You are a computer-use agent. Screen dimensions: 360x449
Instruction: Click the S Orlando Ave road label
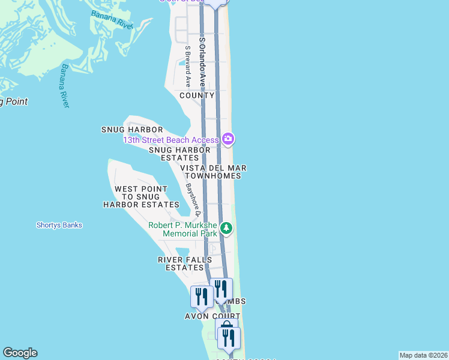pos(202,63)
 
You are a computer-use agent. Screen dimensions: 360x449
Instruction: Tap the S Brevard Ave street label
pos(188,67)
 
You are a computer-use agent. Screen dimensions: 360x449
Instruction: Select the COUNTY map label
pos(197,95)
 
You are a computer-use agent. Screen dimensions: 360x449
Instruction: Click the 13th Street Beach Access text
pos(171,140)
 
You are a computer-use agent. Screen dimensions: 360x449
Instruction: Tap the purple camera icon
pos(228,139)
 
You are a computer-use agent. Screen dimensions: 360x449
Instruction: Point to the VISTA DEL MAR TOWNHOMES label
pos(214,172)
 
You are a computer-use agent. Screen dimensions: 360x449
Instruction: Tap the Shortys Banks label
pos(59,226)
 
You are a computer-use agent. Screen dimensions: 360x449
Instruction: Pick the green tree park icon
pos(226,228)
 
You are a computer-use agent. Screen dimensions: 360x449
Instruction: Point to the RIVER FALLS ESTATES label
pos(185,263)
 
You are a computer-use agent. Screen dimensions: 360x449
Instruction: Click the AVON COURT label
pos(212,316)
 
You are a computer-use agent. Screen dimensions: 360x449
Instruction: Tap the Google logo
pos(20,353)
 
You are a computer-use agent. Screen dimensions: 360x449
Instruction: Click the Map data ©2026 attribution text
pos(423,355)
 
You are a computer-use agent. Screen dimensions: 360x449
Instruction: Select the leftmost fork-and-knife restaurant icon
pos(201,296)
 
